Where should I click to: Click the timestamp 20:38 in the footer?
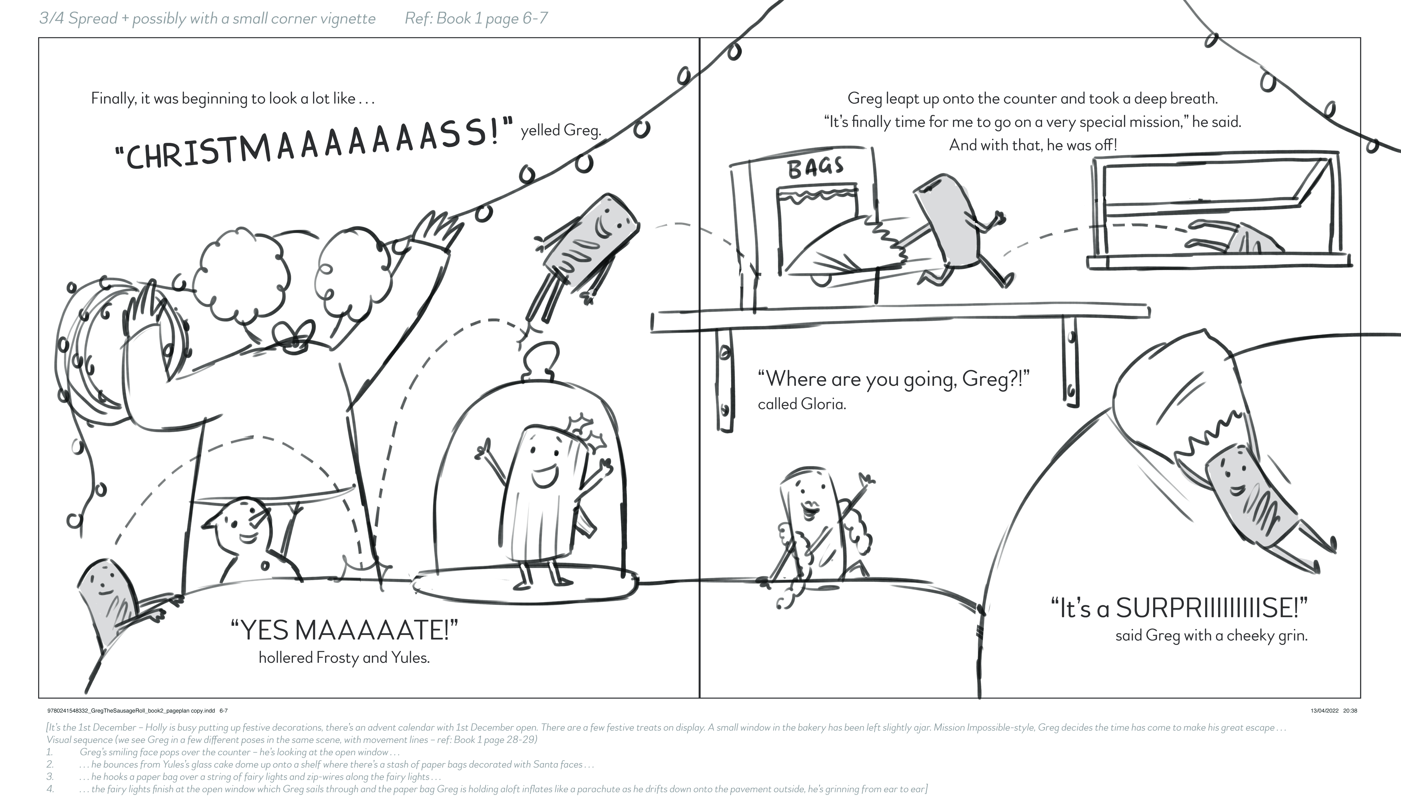1350,710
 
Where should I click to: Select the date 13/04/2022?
1324,710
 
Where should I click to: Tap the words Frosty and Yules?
372,657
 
